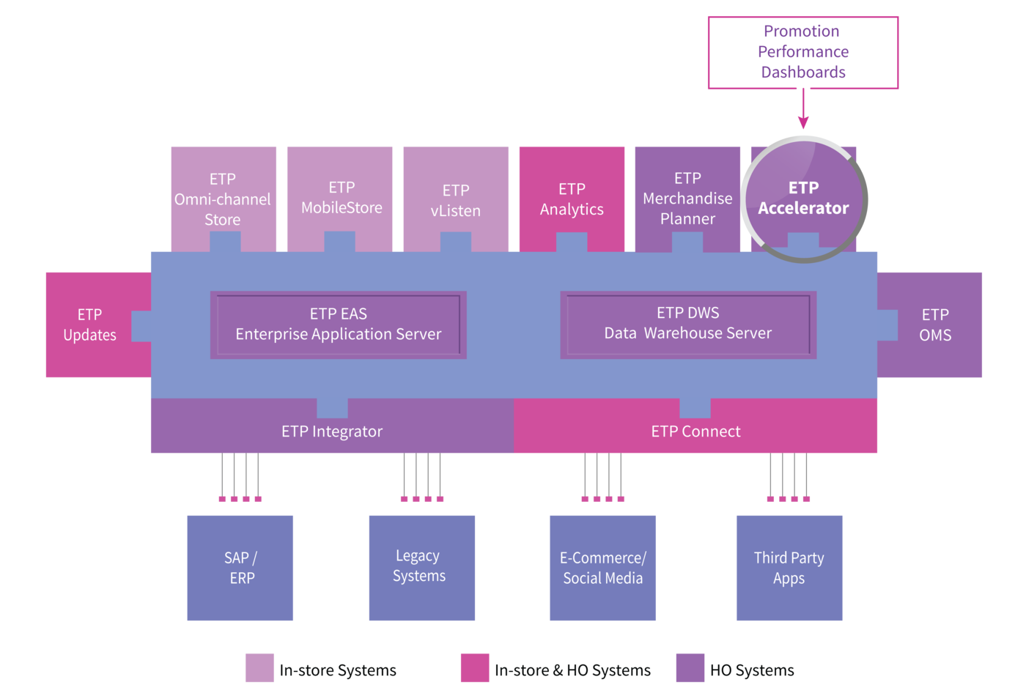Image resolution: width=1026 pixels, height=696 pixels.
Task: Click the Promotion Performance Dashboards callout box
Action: click(803, 53)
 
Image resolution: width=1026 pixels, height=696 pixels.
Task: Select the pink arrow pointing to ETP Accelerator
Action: click(803, 108)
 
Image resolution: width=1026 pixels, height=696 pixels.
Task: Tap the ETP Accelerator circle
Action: click(804, 199)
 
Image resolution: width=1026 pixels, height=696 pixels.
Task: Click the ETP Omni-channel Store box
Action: click(224, 199)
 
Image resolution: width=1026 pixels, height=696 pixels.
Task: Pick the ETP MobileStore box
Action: click(339, 199)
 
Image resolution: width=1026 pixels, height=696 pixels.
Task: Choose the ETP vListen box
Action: click(456, 199)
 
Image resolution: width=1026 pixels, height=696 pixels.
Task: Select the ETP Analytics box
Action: click(572, 199)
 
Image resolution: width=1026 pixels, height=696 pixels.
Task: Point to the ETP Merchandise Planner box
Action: click(687, 199)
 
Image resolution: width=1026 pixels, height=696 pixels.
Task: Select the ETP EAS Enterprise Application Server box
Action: click(339, 325)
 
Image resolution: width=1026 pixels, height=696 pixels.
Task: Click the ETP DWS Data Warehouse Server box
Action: click(688, 325)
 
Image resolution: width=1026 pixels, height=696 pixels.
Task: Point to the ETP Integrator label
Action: click(331, 432)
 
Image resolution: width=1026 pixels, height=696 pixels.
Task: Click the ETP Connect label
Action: click(695, 432)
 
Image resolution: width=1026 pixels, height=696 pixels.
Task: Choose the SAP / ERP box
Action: click(240, 568)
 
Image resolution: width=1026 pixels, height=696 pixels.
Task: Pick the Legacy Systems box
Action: click(422, 568)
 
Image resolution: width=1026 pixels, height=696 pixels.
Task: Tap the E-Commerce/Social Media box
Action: click(602, 568)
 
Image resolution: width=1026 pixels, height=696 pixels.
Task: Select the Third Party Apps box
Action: click(789, 568)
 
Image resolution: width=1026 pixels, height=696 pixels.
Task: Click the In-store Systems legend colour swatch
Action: click(259, 667)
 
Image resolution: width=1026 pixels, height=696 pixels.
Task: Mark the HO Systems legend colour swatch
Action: click(690, 667)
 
